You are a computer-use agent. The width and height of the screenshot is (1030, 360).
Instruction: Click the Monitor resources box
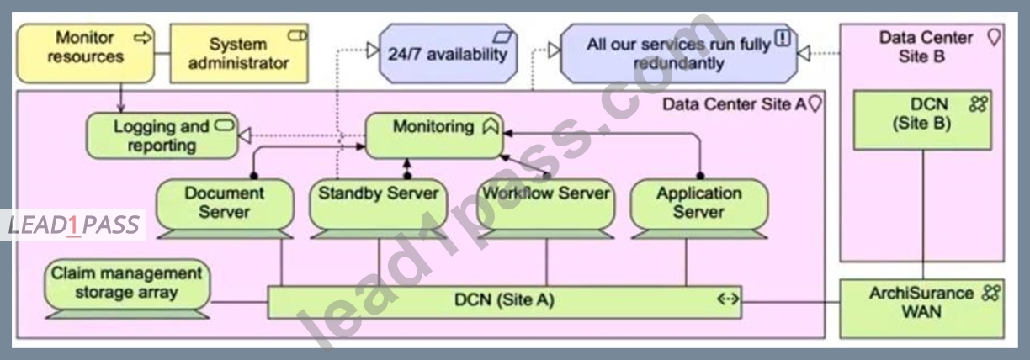coord(86,53)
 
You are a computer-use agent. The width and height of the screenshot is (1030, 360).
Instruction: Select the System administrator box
coord(239,53)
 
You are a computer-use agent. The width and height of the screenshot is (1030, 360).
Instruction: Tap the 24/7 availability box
coord(449,53)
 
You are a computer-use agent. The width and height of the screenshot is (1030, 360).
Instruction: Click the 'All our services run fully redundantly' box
coord(679,53)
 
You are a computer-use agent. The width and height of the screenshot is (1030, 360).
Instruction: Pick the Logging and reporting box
coord(162,135)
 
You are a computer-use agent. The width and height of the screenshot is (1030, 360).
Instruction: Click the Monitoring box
coord(434,135)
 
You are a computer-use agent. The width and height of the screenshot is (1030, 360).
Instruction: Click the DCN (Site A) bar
coord(504,302)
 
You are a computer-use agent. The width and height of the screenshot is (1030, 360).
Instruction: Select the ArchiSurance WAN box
coord(922,309)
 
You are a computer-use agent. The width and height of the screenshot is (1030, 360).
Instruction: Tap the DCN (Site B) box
coord(922,120)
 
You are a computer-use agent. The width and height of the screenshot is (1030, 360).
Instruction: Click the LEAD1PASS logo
coord(73,225)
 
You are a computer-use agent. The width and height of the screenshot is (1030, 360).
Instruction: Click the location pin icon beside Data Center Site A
coord(815,104)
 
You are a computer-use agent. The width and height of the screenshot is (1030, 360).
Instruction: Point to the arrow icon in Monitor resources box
coord(142,38)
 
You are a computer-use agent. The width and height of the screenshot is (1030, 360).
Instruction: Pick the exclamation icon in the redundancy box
coord(783,37)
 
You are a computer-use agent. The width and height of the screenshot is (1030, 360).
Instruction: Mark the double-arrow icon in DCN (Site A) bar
coord(728,299)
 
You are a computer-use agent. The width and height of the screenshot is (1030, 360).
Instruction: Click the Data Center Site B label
coord(926,46)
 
